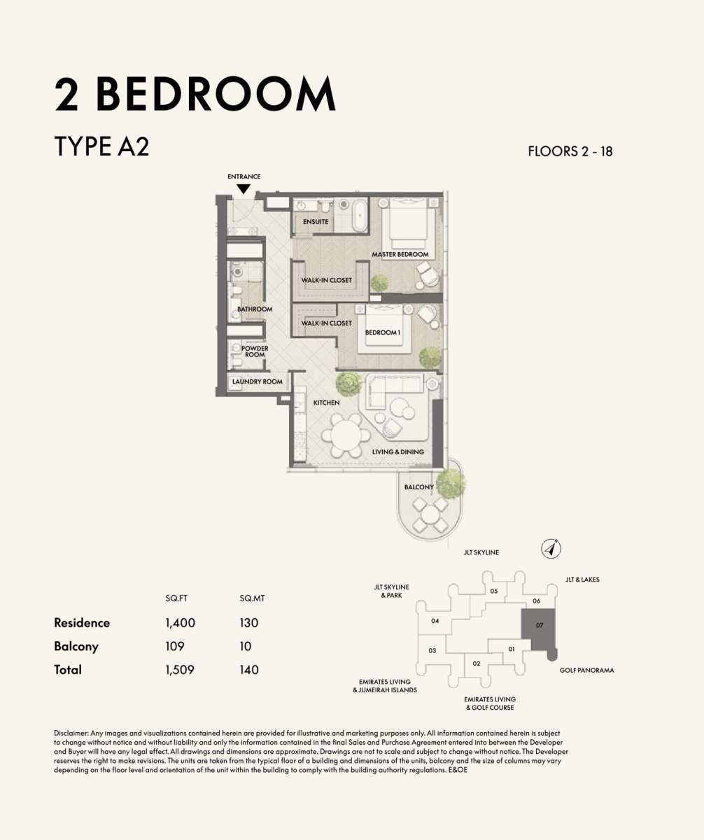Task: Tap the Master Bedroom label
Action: tap(400, 254)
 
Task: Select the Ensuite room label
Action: tap(316, 222)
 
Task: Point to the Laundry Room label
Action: tap(257, 381)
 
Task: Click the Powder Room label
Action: tap(255, 351)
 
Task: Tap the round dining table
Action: tap(346, 435)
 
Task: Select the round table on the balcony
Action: tap(430, 515)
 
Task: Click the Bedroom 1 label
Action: tap(383, 332)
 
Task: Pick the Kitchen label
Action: tap(326, 402)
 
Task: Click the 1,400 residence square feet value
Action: tap(180, 623)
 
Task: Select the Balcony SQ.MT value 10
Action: tap(246, 647)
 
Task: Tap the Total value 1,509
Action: tap(179, 670)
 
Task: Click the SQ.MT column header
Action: tap(252, 598)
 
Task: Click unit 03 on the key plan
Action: tap(432, 650)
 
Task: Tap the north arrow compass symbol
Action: tap(551, 549)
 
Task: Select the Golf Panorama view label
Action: tap(586, 670)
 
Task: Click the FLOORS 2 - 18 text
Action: tap(570, 151)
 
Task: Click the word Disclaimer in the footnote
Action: tap(71, 734)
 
